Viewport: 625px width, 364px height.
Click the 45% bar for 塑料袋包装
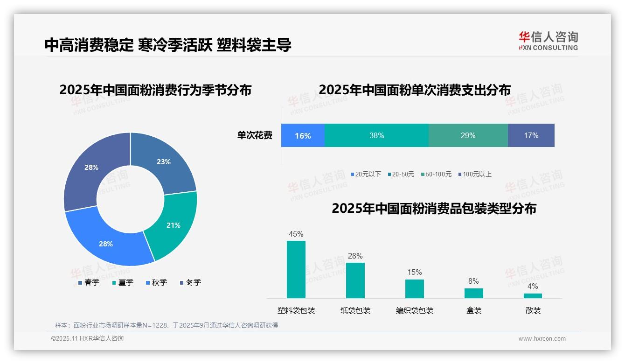296,269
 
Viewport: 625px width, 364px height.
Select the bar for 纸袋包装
355,280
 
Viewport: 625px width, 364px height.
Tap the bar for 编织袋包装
415,288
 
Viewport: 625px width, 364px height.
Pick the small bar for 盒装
474,293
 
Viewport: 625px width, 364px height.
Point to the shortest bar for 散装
533,296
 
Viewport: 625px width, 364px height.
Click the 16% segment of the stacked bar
303,135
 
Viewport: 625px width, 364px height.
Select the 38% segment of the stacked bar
376,135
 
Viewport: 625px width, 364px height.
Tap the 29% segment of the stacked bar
468,135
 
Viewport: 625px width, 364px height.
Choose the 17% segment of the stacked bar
531,135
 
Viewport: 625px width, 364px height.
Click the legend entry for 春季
89,282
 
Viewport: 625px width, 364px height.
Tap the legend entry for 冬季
190,282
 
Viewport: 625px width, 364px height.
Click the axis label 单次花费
255,135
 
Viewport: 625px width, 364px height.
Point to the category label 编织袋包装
415,310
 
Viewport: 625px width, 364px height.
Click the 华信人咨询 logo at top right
548,41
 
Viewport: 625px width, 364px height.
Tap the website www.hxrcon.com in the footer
542,339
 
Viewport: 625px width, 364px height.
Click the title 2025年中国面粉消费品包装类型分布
434,209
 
